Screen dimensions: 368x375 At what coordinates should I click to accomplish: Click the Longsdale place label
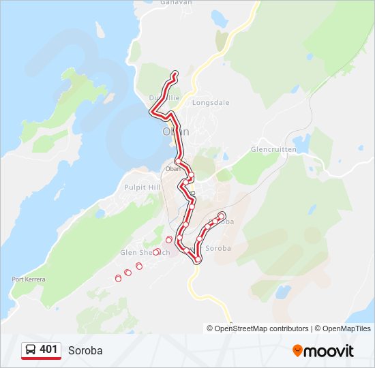pos(211,103)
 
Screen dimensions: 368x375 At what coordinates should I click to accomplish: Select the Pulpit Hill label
pos(141,187)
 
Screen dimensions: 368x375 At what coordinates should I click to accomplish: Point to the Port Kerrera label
pos(27,279)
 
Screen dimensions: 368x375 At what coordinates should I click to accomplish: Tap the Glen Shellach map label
pos(144,252)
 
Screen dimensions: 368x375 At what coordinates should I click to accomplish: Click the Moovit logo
pos(323,351)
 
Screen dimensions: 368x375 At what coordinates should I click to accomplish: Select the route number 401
pos(48,350)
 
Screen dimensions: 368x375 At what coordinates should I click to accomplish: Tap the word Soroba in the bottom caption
pos(85,350)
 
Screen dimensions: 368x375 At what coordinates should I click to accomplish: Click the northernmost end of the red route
pos(175,73)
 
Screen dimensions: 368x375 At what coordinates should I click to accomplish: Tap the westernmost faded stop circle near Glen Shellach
pos(118,277)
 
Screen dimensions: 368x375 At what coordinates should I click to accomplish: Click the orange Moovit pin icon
pos(297,351)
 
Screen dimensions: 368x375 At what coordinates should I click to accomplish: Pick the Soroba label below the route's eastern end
pos(218,248)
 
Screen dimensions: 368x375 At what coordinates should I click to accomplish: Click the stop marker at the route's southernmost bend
pos(198,260)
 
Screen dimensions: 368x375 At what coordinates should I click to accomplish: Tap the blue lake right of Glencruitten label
pos(302,144)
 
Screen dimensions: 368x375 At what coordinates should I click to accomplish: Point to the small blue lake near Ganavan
pos(219,17)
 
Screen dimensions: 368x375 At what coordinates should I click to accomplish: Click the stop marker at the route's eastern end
pos(221,216)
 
